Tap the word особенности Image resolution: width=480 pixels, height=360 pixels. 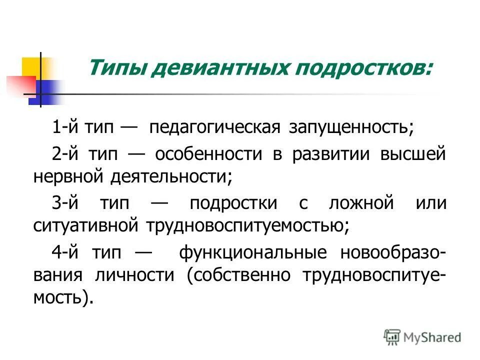[x=208, y=153]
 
